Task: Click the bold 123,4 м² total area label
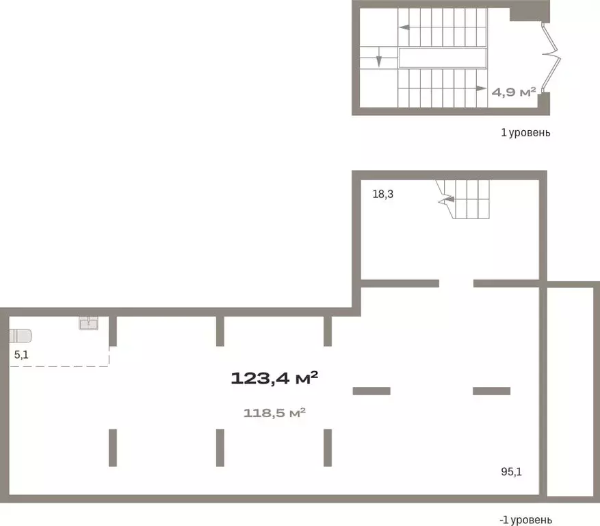[274, 379]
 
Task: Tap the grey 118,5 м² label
[274, 413]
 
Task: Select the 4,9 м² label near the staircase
[514, 92]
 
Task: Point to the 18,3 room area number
[383, 195]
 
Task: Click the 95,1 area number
[511, 472]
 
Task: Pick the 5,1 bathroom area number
[21, 355]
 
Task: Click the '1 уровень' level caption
[525, 133]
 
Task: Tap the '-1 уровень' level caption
[525, 520]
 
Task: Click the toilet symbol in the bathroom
[21, 336]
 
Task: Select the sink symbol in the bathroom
[88, 323]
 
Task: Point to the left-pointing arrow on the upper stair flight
[404, 27]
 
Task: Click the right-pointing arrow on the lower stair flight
[482, 88]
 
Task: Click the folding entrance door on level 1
[551, 58]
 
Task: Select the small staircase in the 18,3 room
[463, 199]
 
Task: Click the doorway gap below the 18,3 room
[456, 284]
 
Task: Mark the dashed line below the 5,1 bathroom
[60, 366]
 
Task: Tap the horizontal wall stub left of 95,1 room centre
[371, 391]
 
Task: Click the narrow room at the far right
[570, 391]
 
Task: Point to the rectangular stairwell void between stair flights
[443, 58]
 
